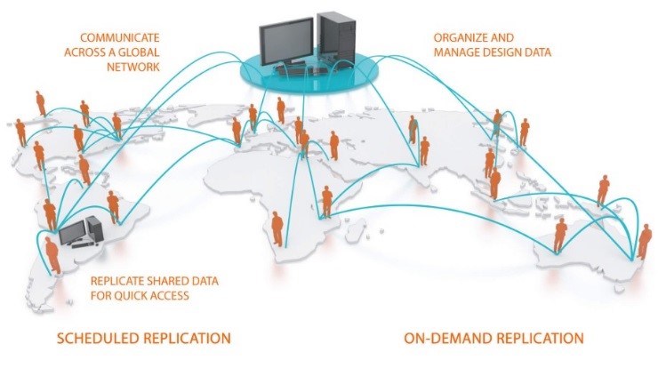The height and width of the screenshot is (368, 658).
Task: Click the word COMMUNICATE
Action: coord(120,37)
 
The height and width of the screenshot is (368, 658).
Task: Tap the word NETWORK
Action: coord(133,67)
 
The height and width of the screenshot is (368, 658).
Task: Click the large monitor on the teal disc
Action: coord(285,40)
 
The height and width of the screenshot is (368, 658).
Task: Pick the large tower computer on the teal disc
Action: coord(336,37)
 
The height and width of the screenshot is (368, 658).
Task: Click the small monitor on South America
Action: coord(72,232)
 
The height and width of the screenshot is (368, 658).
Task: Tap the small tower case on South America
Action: coord(95,229)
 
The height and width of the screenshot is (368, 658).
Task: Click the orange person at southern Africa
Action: coord(277,228)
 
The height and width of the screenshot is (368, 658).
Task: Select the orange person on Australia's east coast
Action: coord(645,241)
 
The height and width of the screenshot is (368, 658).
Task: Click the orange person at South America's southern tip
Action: coord(52,254)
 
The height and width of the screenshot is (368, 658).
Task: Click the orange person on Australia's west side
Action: coord(560,236)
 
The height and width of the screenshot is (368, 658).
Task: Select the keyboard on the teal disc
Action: coord(293,71)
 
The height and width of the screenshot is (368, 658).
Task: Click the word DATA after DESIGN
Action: coord(538,52)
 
